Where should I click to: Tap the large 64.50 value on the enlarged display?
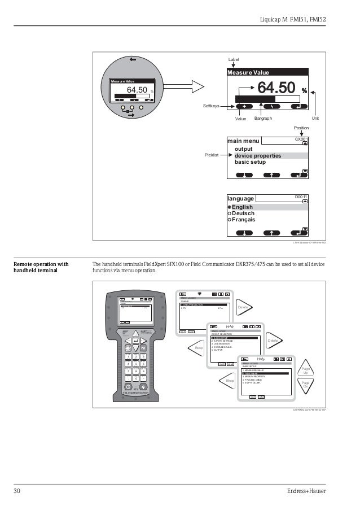pos(276,88)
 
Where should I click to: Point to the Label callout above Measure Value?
pos(234,59)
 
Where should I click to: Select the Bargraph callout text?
pos(263,119)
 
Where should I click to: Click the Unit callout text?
pos(315,119)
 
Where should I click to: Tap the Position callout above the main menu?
pos(301,128)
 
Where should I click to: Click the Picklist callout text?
pos(212,154)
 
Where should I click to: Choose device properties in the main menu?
pos(257,155)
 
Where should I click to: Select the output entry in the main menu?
pos(244,149)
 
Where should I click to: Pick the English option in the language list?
pos(243,207)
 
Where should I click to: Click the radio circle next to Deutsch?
pos(229,213)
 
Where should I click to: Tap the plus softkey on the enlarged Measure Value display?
pos(244,106)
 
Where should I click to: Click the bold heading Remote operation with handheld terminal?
pos(41,267)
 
